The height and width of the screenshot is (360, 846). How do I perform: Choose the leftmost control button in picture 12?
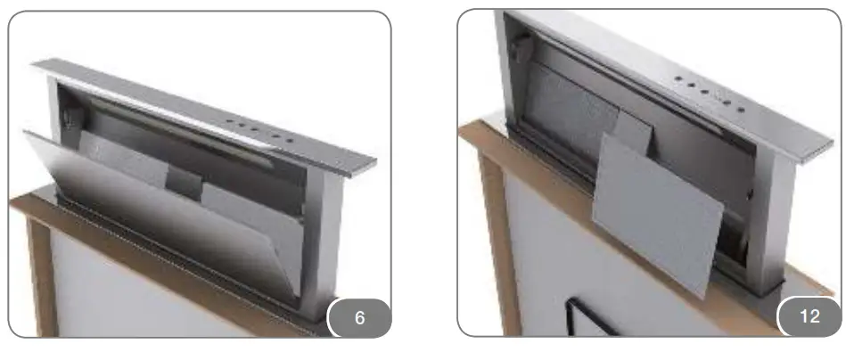point(677,78)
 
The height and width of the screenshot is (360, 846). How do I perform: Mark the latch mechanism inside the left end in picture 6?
point(66,116)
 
